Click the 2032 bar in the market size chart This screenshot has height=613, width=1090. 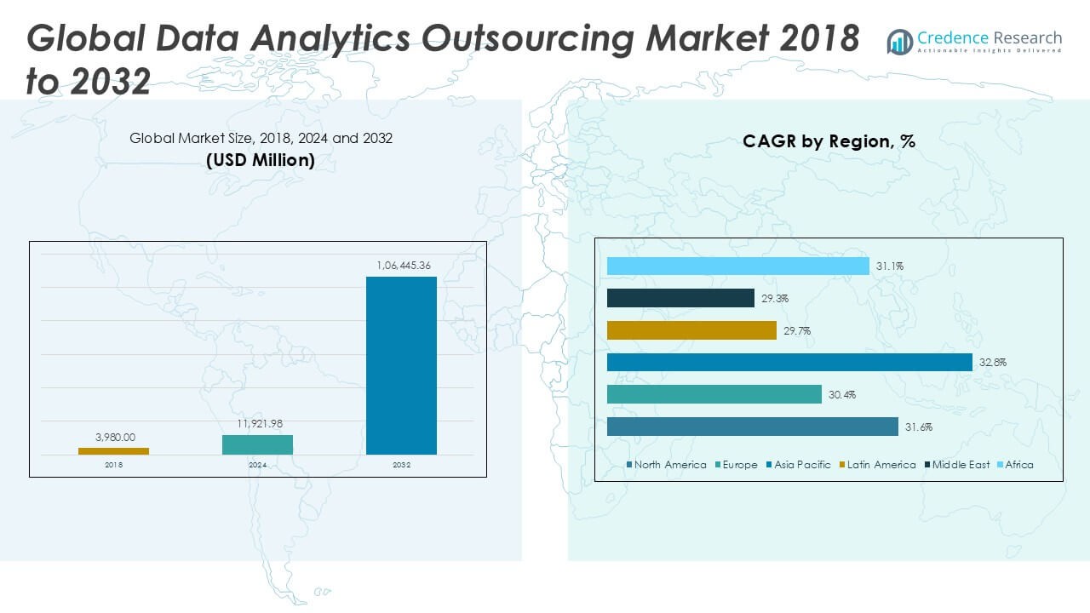click(401, 365)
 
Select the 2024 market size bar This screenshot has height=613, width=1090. click(257, 444)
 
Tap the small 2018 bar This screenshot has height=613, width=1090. click(113, 450)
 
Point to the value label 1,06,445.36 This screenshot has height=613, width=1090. click(404, 266)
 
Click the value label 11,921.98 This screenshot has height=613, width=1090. click(259, 423)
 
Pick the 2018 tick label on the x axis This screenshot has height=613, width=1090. click(113, 465)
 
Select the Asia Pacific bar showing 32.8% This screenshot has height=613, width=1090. click(789, 362)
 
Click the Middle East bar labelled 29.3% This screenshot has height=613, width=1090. click(680, 298)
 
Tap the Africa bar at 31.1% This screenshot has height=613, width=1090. click(737, 266)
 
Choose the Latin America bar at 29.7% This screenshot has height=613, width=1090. click(691, 330)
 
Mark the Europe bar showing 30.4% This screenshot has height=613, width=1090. click(714, 394)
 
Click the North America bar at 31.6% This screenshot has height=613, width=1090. click(752, 427)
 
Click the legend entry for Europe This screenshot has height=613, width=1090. click(737, 465)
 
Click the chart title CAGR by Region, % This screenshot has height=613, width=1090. click(829, 141)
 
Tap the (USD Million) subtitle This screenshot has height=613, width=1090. click(261, 159)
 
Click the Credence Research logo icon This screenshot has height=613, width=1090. click(899, 42)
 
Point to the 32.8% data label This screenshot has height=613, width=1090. click(992, 363)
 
